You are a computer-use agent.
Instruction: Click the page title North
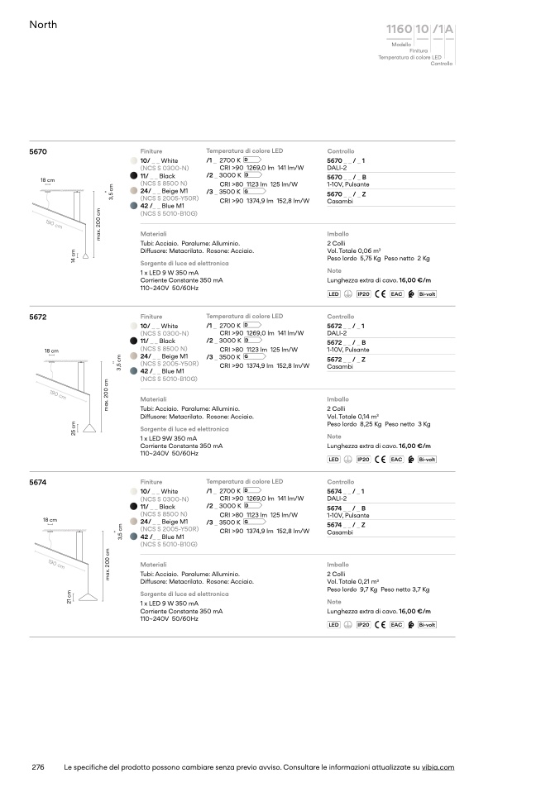(x=43, y=26)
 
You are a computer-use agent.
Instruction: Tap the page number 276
(x=37, y=767)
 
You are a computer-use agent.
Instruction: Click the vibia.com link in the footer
(x=438, y=767)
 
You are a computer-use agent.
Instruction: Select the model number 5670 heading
(x=38, y=152)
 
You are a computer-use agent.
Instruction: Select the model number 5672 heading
(x=38, y=317)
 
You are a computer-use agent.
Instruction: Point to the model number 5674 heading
(x=38, y=481)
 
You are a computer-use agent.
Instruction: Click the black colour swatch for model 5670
(x=133, y=176)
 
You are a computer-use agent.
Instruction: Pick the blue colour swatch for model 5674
(x=133, y=537)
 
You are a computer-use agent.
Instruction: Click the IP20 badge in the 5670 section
(x=363, y=293)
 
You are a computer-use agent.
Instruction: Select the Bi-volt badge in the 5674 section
(x=427, y=625)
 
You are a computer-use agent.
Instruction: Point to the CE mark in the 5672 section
(x=381, y=459)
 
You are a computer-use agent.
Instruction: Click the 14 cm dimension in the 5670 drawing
(x=73, y=255)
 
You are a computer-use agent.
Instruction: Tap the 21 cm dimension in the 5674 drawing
(x=69, y=596)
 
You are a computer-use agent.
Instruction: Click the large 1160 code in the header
(x=399, y=31)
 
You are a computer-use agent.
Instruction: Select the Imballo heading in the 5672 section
(x=337, y=398)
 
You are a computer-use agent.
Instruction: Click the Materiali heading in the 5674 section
(x=153, y=564)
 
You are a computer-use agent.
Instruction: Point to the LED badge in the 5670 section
(x=334, y=293)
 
